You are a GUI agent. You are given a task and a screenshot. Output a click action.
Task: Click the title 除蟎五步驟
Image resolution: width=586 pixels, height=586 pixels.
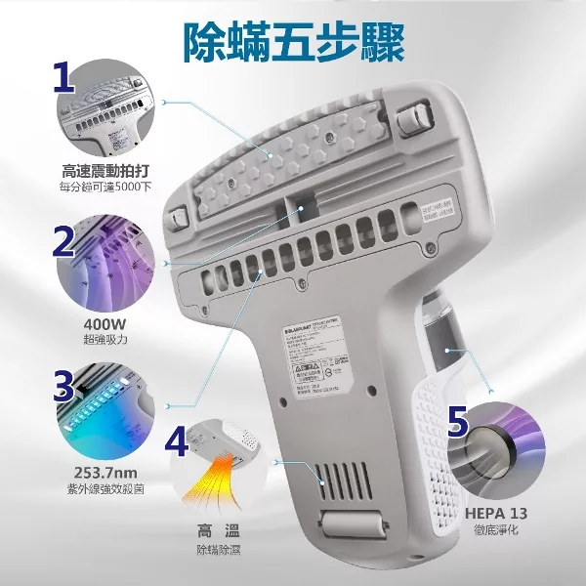tap(294, 41)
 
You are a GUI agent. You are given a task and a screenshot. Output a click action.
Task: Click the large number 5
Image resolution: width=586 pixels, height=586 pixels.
tap(463, 424)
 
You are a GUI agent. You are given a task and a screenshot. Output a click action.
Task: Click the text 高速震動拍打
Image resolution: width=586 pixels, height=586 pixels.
tap(103, 168)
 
